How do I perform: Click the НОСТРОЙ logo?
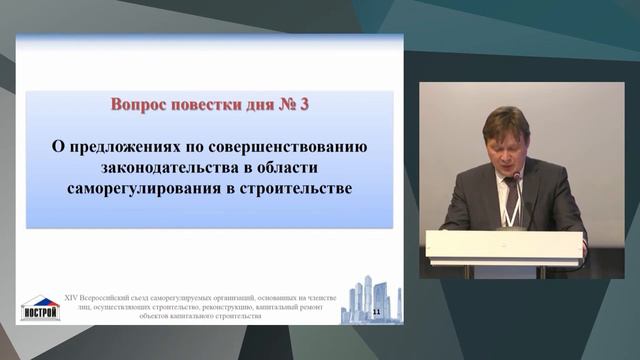(40, 309)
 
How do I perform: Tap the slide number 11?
(376, 313)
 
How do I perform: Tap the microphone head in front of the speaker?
(517, 177)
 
